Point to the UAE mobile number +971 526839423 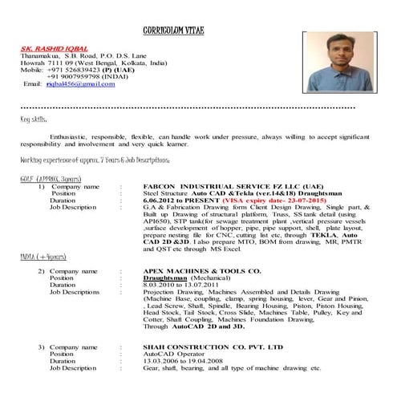click(77, 69)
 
